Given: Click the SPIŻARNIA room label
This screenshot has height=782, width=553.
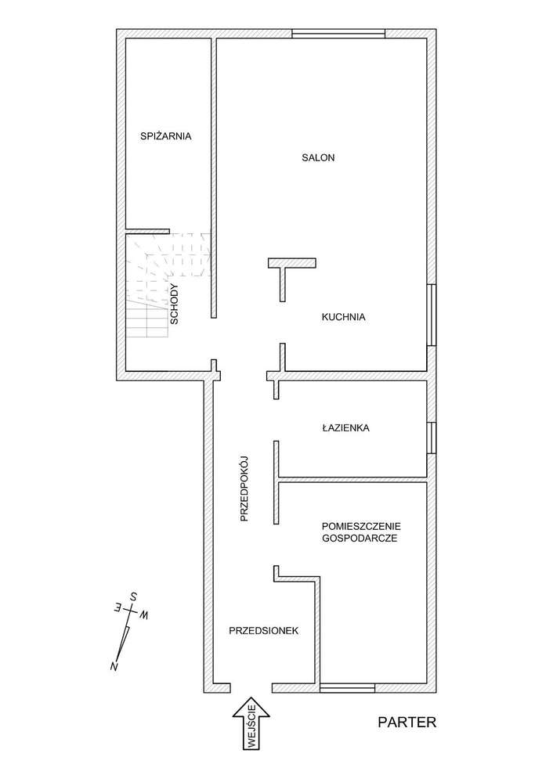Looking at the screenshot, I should click(x=165, y=135).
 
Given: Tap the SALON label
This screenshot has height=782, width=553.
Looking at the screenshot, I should click(x=318, y=157).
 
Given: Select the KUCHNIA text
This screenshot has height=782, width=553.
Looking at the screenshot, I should click(x=344, y=317).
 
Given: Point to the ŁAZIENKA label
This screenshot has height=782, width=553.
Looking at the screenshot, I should click(x=345, y=428).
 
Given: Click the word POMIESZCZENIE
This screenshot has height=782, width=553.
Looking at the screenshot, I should click(x=360, y=526).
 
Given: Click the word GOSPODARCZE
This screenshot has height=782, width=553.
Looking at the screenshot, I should click(x=360, y=539).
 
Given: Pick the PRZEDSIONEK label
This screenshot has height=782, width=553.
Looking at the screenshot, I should click(x=263, y=630).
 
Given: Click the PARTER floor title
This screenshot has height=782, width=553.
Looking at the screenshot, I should click(x=406, y=722).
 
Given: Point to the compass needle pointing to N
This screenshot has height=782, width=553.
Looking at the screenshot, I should click(x=121, y=642).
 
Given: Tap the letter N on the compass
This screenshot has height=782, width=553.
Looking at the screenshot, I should click(x=115, y=665).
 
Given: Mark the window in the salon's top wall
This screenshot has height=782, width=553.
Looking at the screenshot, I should click(x=338, y=33).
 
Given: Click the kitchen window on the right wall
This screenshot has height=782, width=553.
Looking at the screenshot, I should click(x=431, y=314).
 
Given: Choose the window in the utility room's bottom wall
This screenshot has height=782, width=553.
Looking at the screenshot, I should click(x=347, y=688).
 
